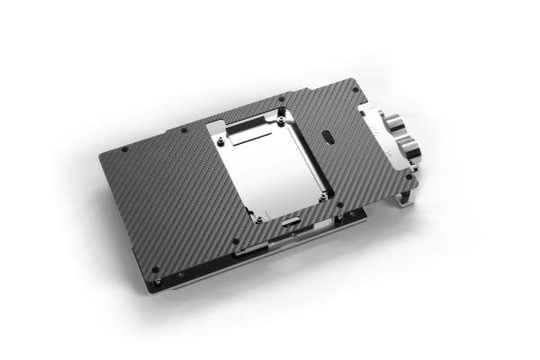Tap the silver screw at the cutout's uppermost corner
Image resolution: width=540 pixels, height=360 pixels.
tap(283, 113)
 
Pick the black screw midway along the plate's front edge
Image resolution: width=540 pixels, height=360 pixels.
tap(236, 241)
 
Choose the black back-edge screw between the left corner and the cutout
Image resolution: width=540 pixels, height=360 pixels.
tap(184, 130)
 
